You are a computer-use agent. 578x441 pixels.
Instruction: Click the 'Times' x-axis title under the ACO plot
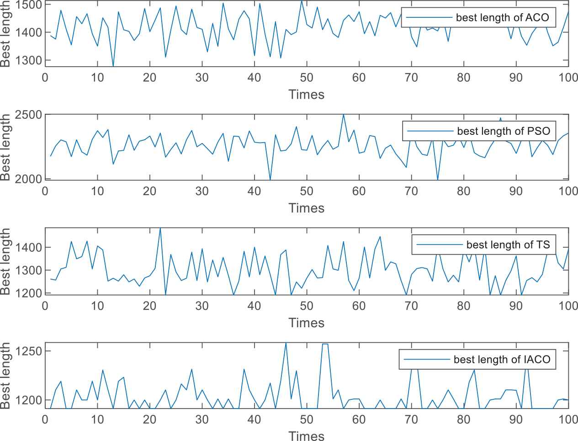[306, 95]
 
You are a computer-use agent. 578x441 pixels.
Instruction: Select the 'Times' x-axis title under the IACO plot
[306, 436]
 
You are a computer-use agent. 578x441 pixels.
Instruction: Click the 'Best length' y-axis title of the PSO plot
[5, 147]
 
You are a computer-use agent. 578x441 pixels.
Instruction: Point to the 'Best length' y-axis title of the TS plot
[5, 261]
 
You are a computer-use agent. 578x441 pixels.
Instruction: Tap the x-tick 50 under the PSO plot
[307, 191]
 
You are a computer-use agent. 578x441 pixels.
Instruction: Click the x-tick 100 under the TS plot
[568, 305]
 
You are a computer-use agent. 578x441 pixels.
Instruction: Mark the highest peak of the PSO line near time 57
[343, 114]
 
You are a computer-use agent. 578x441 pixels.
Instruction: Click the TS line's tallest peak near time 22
[160, 228]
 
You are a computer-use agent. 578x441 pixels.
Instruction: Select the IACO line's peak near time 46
[286, 343]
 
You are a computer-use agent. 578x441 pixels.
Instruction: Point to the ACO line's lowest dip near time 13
[113, 66]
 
